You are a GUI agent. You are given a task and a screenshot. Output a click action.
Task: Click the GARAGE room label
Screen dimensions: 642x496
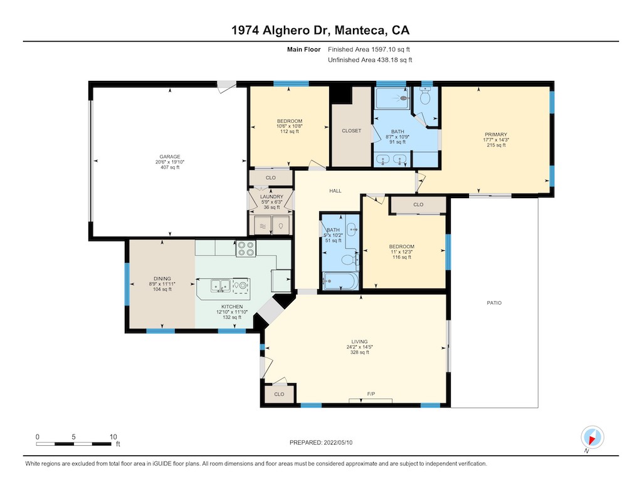pyautogui.click(x=170, y=157)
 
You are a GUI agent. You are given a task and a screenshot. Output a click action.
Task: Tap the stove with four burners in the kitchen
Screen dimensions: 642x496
pyautogui.click(x=246, y=248)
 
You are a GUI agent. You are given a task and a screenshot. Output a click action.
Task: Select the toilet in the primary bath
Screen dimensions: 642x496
pyautogui.click(x=425, y=96)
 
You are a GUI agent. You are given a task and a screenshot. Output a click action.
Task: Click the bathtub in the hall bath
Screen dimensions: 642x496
pyautogui.click(x=340, y=281)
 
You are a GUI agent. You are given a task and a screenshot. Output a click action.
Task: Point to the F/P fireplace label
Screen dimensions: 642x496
pyautogui.click(x=371, y=394)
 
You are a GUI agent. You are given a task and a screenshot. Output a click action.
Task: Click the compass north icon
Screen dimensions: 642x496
pyautogui.click(x=592, y=437)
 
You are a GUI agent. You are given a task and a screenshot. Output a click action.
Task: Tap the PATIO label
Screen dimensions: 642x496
pyautogui.click(x=494, y=303)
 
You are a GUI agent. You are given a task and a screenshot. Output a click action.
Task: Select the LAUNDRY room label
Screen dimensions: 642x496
pyautogui.click(x=271, y=197)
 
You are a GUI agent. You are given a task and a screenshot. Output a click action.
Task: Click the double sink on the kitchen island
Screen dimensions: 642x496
pyautogui.click(x=220, y=285)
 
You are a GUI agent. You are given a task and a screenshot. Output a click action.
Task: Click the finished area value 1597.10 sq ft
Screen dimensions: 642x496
pyautogui.click(x=390, y=49)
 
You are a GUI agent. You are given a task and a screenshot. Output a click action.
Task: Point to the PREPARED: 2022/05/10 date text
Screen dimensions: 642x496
pyautogui.click(x=321, y=442)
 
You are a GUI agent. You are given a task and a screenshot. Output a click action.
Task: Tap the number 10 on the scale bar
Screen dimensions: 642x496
pyautogui.click(x=113, y=436)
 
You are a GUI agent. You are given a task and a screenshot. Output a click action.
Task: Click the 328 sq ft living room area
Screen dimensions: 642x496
pyautogui.click(x=359, y=352)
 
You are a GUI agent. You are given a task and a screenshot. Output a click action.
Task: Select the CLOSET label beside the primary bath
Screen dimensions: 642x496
pyautogui.click(x=351, y=130)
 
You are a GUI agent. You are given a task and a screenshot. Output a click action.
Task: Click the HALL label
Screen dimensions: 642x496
pyautogui.click(x=335, y=191)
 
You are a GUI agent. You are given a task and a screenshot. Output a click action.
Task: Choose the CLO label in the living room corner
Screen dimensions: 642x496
pyautogui.click(x=279, y=394)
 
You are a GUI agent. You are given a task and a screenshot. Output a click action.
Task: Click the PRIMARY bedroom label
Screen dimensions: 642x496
pyautogui.click(x=496, y=134)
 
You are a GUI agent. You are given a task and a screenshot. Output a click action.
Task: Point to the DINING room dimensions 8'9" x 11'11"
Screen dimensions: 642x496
pyautogui.click(x=162, y=284)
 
